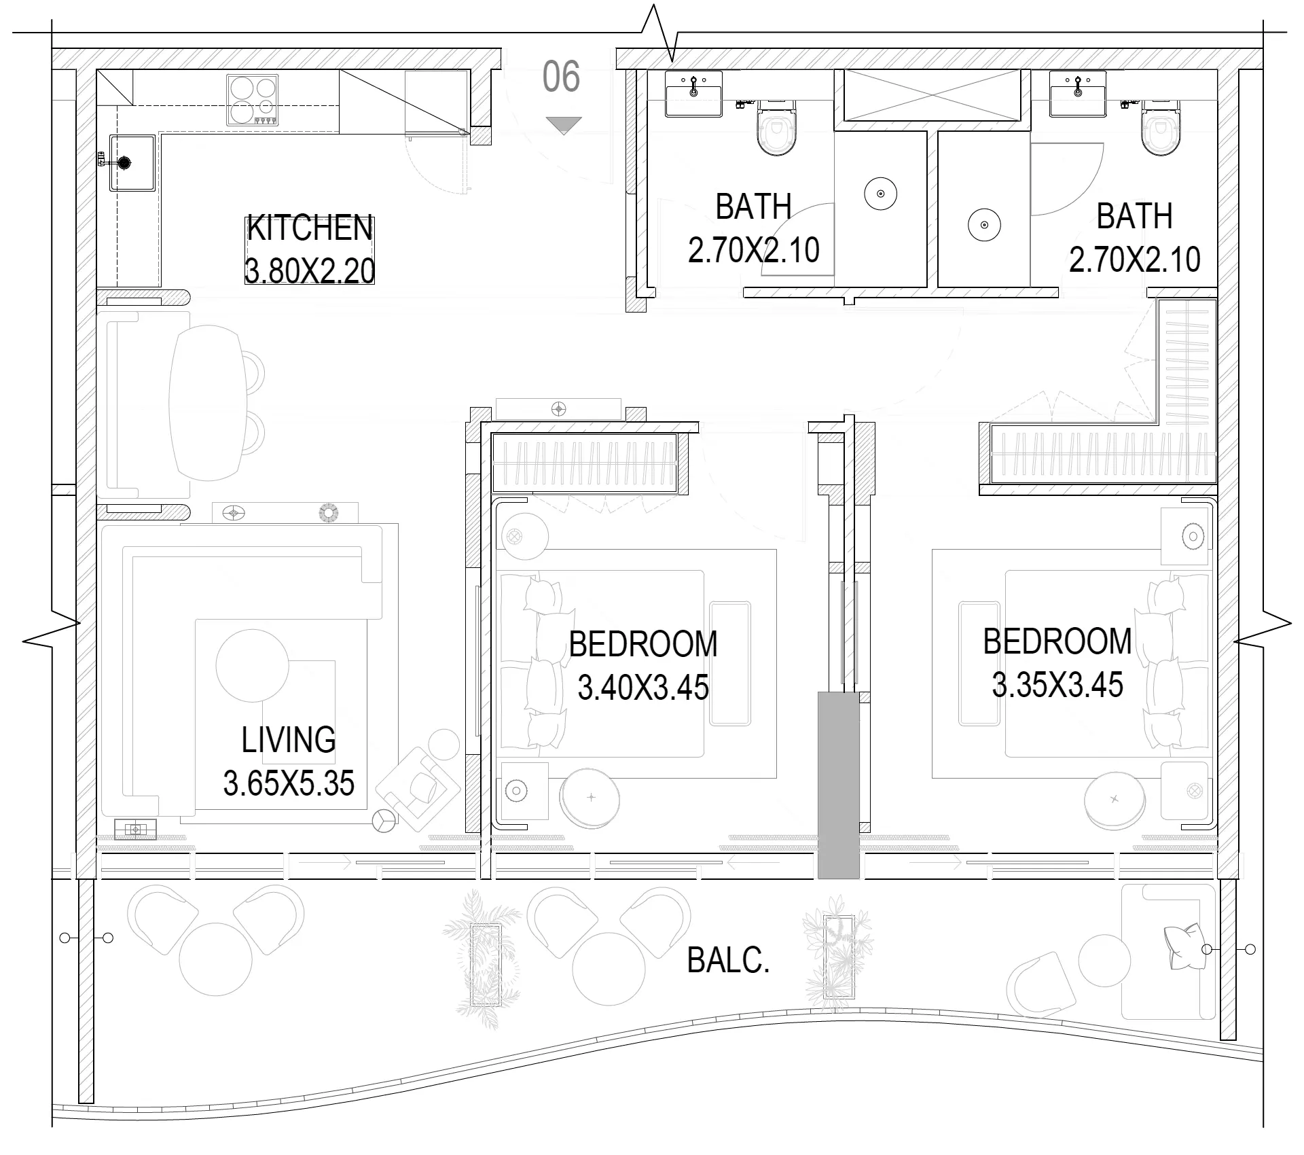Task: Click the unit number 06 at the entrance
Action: (561, 76)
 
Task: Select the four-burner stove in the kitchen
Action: (253, 100)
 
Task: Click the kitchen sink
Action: (132, 163)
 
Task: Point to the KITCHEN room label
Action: (310, 228)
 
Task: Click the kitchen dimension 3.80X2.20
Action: (310, 271)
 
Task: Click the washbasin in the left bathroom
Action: (693, 94)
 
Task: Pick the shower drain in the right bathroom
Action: (984, 225)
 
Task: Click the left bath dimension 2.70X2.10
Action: (754, 251)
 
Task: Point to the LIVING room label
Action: (289, 740)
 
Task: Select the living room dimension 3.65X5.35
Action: (289, 783)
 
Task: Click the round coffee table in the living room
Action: (252, 666)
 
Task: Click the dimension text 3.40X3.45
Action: (643, 688)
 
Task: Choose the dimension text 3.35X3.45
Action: (1057, 685)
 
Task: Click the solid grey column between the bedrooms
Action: (839, 785)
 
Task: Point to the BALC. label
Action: (729, 961)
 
